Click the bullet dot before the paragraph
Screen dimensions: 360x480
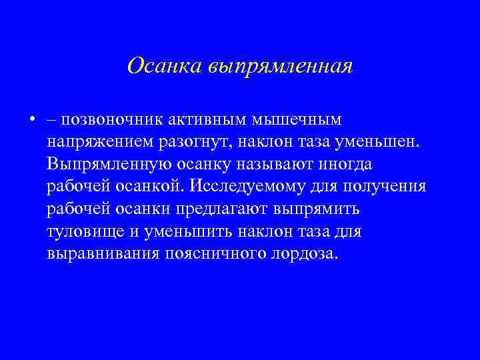click(x=31, y=119)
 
